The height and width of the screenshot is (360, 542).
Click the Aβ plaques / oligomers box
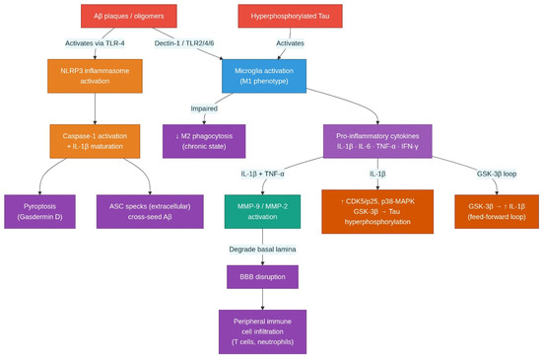(129, 16)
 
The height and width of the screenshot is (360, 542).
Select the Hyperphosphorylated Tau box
(290, 16)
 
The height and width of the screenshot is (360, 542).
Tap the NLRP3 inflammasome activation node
(95, 76)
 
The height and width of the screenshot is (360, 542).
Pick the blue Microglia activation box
(264, 76)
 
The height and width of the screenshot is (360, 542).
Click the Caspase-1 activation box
(95, 141)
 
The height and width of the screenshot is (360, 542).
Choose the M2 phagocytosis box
(204, 141)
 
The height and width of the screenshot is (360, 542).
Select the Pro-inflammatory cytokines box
(377, 141)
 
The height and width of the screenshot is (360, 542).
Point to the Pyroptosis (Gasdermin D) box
(39, 212)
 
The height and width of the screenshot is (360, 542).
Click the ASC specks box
(150, 212)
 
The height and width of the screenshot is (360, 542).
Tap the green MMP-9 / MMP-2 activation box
(262, 212)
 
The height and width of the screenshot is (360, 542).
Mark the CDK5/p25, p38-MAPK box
(377, 212)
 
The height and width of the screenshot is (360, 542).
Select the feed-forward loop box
(497, 212)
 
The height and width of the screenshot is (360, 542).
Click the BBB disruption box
(262, 277)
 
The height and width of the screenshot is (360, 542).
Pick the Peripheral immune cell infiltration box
(262, 331)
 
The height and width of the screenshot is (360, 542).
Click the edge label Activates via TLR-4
(95, 43)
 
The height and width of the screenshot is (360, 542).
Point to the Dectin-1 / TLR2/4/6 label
(184, 43)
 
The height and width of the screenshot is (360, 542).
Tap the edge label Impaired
(204, 108)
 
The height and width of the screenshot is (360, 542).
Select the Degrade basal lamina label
(262, 250)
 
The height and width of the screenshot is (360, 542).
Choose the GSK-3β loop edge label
(497, 174)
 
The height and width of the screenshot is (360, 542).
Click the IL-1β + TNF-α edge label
(262, 174)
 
